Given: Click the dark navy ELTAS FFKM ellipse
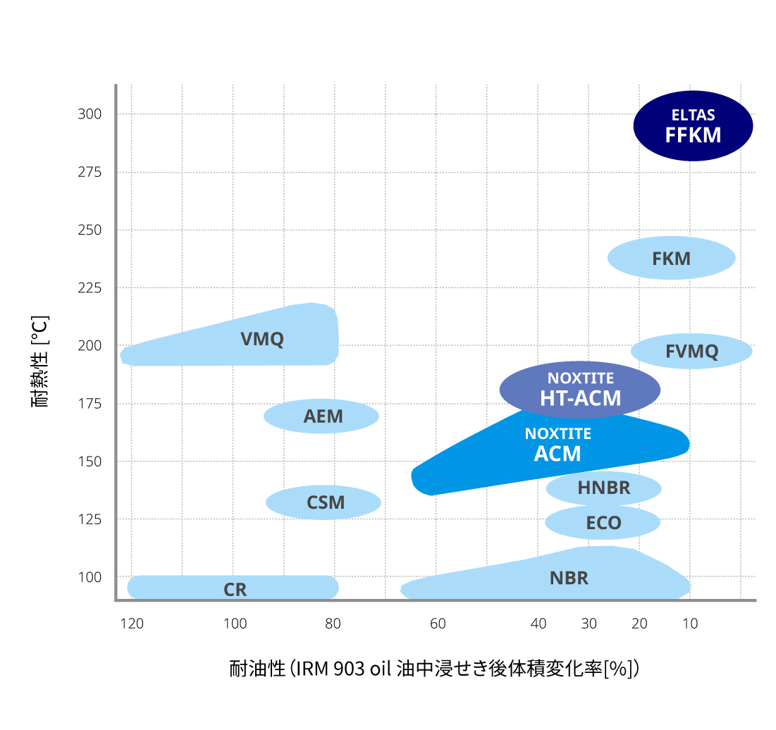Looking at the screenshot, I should [x=693, y=126].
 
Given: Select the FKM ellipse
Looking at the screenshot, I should [x=671, y=258].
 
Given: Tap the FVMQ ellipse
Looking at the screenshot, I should [x=691, y=351].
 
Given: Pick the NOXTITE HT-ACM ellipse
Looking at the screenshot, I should [x=580, y=390].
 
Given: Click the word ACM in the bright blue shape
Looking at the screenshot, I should [x=558, y=454].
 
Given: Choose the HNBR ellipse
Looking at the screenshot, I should [x=603, y=488].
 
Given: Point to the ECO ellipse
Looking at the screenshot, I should [x=603, y=523].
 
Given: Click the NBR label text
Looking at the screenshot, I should [x=569, y=579].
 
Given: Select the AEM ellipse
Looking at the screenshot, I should [x=322, y=416].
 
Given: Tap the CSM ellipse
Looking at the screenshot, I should [x=324, y=502].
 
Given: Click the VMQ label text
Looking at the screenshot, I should [x=262, y=339].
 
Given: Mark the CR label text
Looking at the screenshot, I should [x=235, y=590].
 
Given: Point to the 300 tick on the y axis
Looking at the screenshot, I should [x=90, y=114].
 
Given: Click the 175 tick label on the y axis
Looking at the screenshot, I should [x=90, y=404].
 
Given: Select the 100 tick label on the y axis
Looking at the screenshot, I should [x=90, y=577].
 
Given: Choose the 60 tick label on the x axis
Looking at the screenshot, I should [x=438, y=624].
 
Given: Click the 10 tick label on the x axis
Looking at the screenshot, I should [x=690, y=624].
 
